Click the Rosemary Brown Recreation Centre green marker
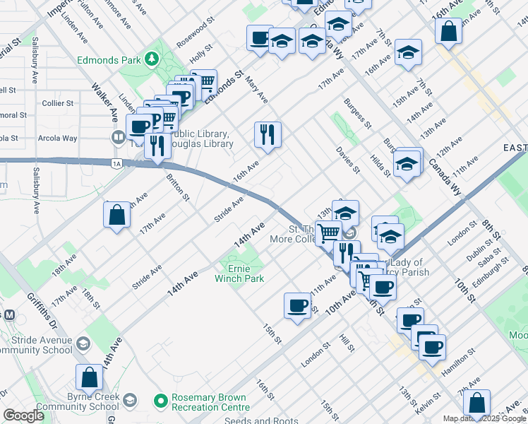click(161, 400)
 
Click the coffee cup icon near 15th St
click(297, 305)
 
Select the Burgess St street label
click(358, 114)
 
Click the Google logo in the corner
click(23, 416)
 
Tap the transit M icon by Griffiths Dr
click(9, 314)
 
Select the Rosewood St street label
click(195, 35)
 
